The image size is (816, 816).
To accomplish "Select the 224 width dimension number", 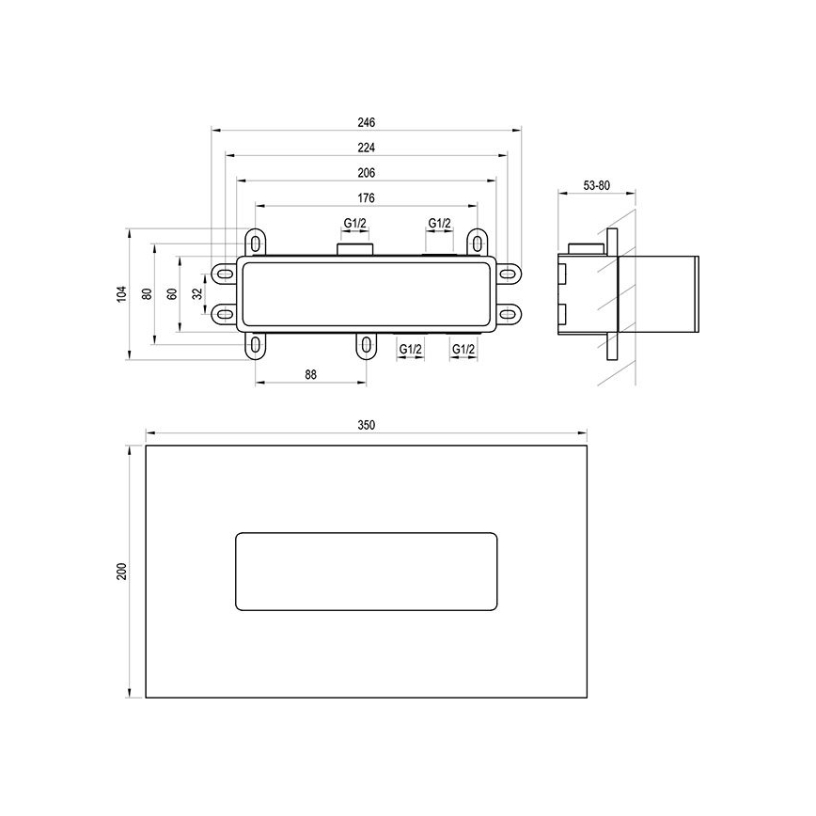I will tap(367, 148).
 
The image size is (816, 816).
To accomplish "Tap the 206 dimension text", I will tap(367, 173).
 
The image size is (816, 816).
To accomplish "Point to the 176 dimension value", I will tap(367, 197).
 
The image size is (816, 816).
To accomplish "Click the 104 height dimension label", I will tap(120, 293).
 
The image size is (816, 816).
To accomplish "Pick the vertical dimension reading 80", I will tap(147, 293).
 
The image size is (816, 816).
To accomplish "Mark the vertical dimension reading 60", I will tap(172, 293).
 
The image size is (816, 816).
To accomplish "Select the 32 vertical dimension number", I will tap(197, 293).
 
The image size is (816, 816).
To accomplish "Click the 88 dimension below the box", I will tap(311, 374).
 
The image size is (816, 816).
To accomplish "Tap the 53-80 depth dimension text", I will tap(597, 186).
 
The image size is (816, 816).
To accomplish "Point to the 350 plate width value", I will tap(367, 425).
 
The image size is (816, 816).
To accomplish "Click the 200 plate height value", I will tap(120, 572).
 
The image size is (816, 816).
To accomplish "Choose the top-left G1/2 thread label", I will tap(354, 223).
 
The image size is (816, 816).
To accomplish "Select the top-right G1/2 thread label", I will tap(440, 223).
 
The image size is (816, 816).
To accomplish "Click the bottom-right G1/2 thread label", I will tap(463, 349).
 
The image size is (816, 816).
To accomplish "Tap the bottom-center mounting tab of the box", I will tap(366, 345).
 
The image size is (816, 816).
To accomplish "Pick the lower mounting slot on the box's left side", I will tap(224, 312).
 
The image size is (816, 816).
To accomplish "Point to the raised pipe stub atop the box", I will tap(354, 249).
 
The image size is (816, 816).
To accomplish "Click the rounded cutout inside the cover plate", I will tap(366, 573).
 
